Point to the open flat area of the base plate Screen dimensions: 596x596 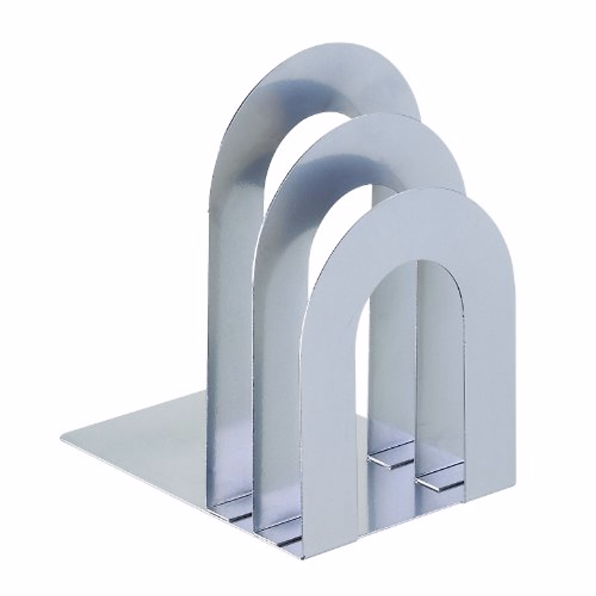coord(149,437)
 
